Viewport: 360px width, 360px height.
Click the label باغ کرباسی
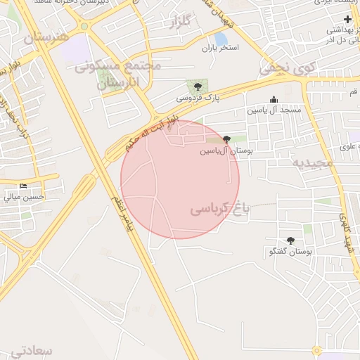point(221,209)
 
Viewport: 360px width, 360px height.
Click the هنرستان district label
point(46,37)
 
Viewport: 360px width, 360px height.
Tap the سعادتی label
point(32,349)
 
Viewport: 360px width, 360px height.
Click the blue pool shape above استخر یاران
point(221,38)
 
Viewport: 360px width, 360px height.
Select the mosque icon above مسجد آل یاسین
point(274,100)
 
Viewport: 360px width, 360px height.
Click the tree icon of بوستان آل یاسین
point(226,139)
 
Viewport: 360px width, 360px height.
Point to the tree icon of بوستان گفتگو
point(291,240)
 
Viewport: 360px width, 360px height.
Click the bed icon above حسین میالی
point(23,186)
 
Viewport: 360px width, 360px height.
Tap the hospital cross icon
point(347,19)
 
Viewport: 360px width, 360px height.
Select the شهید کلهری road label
point(348,232)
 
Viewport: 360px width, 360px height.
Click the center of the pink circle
point(180,179)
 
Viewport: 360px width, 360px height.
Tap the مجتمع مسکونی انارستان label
point(119,74)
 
